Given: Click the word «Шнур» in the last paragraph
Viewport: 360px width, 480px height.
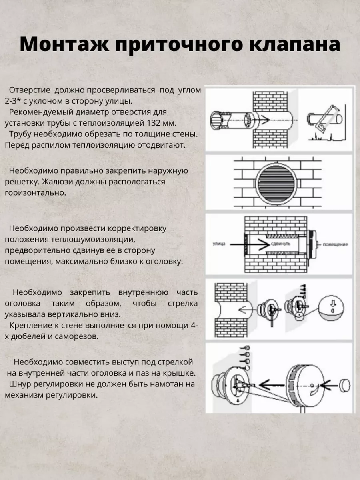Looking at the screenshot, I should [19, 384].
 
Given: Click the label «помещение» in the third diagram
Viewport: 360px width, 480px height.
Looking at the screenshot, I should [335, 244].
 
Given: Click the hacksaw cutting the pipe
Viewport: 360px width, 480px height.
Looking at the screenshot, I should [326, 118].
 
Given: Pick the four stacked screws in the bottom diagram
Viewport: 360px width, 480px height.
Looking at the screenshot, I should [247, 358].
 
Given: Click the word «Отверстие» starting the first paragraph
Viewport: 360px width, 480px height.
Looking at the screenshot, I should [29, 90].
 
